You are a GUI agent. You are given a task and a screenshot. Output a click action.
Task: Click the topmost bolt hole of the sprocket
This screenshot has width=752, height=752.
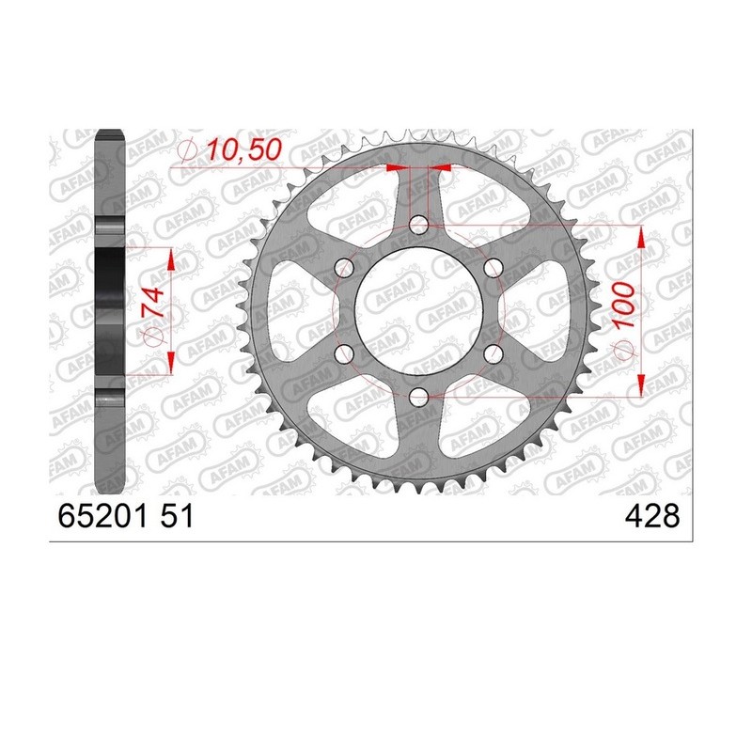point(418,224)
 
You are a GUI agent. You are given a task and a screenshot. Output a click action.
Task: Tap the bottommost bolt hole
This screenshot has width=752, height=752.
point(418,396)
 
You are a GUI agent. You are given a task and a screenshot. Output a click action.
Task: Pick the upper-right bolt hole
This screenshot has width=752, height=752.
point(493,267)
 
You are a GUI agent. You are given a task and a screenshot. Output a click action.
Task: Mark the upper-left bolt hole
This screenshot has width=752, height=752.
point(344,267)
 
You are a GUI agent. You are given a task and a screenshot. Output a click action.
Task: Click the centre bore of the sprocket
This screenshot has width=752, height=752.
point(418,310)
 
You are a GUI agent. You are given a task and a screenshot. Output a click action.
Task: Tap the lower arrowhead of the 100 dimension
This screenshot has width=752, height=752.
point(640,384)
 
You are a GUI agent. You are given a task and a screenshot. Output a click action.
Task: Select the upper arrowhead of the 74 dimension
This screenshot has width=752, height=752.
point(170,259)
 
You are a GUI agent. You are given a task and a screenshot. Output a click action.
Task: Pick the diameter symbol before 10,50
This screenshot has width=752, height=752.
point(186,150)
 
